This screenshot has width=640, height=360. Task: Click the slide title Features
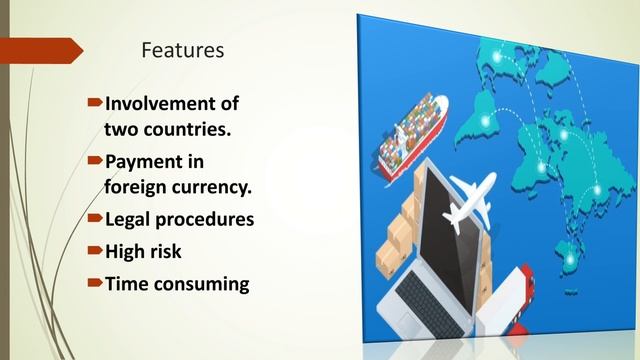[183, 48]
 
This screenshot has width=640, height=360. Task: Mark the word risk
[168, 250]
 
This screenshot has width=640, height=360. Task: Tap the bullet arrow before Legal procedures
[95, 216]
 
